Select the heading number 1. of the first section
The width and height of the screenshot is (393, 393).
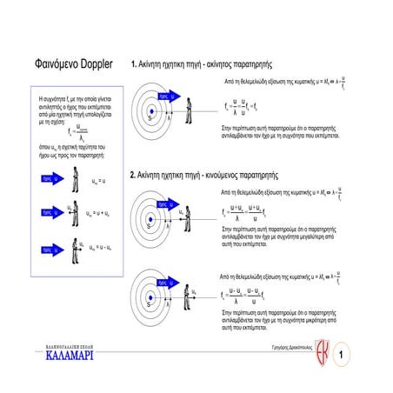(x=133, y=64)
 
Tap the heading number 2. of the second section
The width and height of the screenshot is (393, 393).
(x=133, y=175)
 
